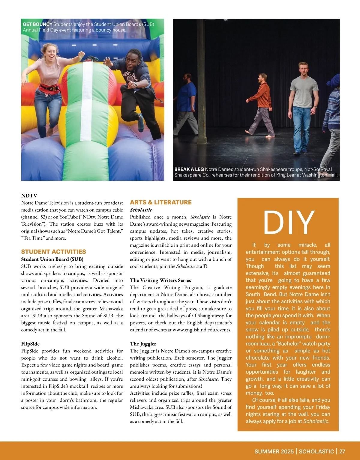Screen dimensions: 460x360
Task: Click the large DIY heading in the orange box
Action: (x=289, y=222)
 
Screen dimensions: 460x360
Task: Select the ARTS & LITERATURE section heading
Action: (x=160, y=202)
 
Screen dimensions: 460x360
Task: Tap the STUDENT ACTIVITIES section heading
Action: (x=53, y=252)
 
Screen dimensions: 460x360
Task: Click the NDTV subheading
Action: (x=29, y=196)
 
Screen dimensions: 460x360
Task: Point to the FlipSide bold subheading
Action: (x=30, y=344)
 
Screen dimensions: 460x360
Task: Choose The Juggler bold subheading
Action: (x=143, y=344)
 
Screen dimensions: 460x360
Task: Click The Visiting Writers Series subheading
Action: (x=160, y=280)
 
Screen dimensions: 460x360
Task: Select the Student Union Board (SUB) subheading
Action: (x=52, y=259)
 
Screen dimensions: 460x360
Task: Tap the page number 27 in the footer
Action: (x=342, y=451)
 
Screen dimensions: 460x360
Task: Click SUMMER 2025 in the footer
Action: (x=274, y=451)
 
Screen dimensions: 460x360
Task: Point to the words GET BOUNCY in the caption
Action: (x=37, y=24)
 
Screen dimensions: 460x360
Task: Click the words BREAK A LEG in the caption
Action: (x=189, y=169)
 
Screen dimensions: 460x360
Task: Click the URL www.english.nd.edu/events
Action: (x=202, y=330)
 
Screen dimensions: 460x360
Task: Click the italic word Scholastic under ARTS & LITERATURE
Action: (x=141, y=210)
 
